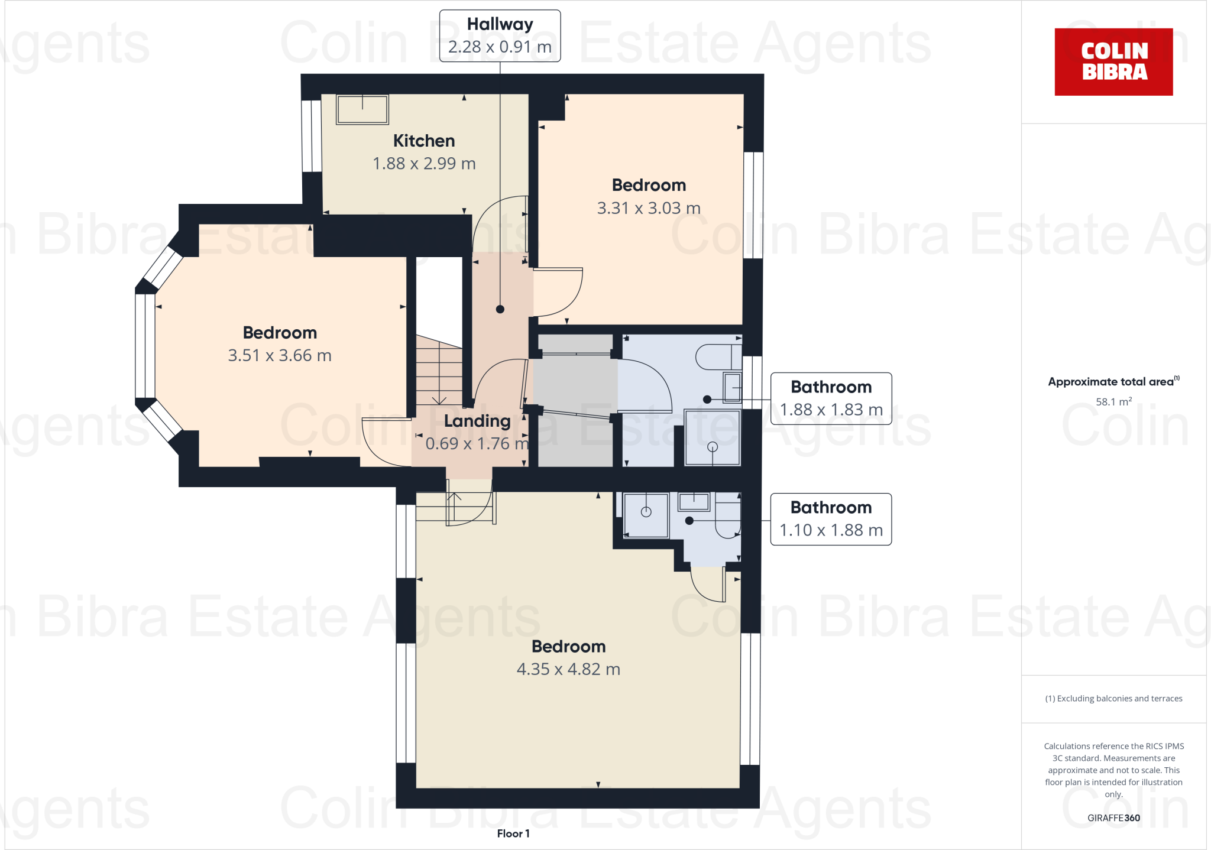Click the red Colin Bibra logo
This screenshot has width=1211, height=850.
(x=1113, y=61)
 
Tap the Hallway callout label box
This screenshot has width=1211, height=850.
(x=500, y=35)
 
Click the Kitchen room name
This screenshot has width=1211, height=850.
(x=424, y=141)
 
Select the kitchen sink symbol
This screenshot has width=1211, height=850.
(x=362, y=109)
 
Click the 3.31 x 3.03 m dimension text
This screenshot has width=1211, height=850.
(x=649, y=208)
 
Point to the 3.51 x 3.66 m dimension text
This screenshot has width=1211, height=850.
(x=280, y=355)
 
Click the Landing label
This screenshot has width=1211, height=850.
(x=477, y=421)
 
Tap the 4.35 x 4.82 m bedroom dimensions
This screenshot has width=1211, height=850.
(x=568, y=669)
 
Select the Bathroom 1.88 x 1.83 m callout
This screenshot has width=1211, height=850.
(x=831, y=398)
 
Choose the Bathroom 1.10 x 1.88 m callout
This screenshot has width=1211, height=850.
(x=831, y=519)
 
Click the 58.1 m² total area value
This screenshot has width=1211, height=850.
(x=1113, y=402)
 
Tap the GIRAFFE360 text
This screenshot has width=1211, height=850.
(x=1113, y=818)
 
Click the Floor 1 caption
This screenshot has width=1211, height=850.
(x=513, y=833)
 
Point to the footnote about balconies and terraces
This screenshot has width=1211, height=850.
(x=1113, y=699)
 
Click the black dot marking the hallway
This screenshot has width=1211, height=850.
(x=500, y=309)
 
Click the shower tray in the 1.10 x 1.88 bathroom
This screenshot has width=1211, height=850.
(x=646, y=514)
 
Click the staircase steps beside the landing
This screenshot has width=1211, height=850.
(x=439, y=372)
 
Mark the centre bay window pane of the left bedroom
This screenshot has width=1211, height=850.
(x=145, y=346)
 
